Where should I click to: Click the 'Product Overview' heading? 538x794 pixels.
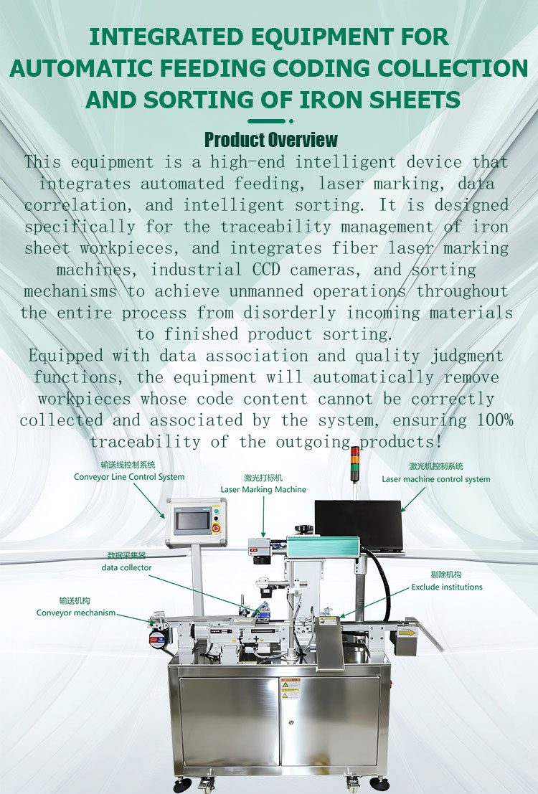(270, 140)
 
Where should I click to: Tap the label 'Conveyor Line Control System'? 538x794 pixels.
(129, 477)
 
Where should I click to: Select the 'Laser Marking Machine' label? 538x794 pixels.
(263, 490)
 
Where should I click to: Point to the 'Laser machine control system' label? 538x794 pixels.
(435, 479)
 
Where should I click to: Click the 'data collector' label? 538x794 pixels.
(126, 567)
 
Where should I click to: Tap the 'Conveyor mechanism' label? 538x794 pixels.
(76, 613)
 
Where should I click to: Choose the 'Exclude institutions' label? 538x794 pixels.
(447, 587)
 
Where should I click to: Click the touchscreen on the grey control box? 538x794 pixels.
(192, 521)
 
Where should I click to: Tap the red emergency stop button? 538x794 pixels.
(217, 528)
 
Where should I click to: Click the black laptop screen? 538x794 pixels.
(359, 524)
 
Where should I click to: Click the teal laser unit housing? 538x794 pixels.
(323, 547)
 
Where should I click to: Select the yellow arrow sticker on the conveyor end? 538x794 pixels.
(407, 632)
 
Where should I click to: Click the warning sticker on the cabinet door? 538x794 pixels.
(291, 689)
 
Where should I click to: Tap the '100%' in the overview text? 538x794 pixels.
(495, 420)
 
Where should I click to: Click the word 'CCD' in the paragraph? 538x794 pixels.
(266, 270)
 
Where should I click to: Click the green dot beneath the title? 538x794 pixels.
(291, 121)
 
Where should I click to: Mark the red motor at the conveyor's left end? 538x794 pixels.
(158, 639)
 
